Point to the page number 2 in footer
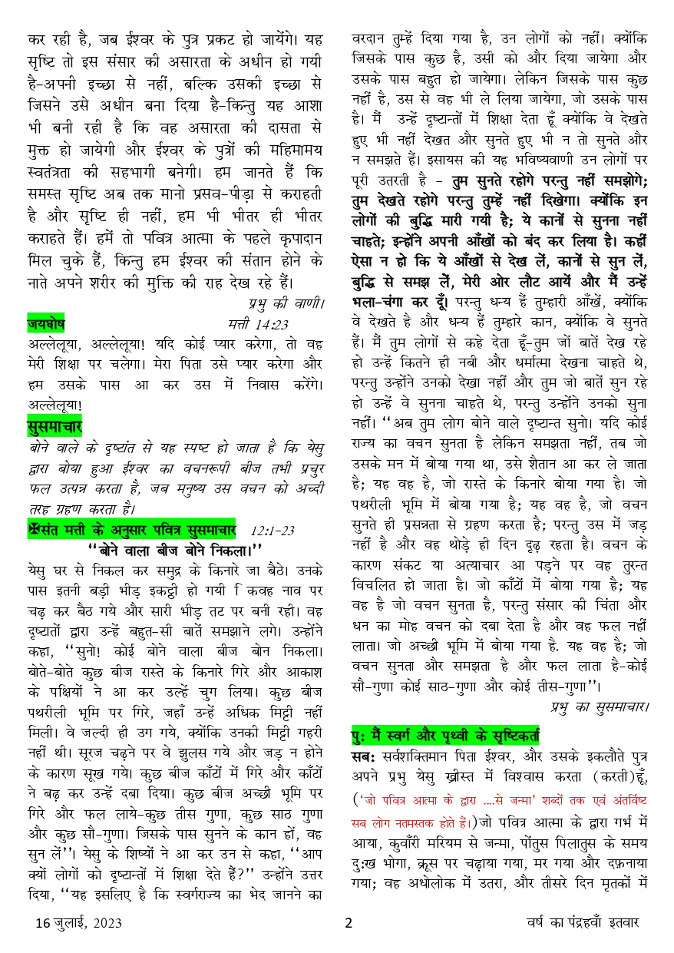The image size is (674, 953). (x=348, y=924)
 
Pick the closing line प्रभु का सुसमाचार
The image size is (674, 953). (x=600, y=704)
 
